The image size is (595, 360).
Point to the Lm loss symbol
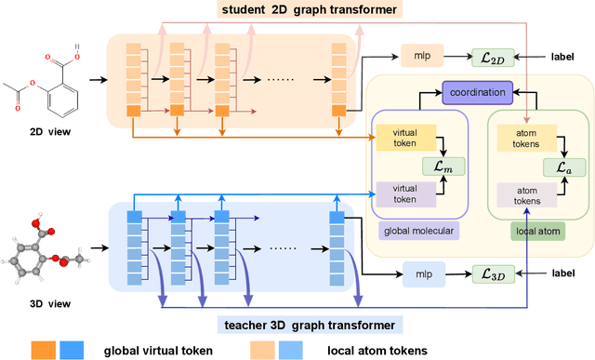click(x=453, y=167)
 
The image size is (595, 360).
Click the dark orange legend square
click(x=44, y=350)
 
